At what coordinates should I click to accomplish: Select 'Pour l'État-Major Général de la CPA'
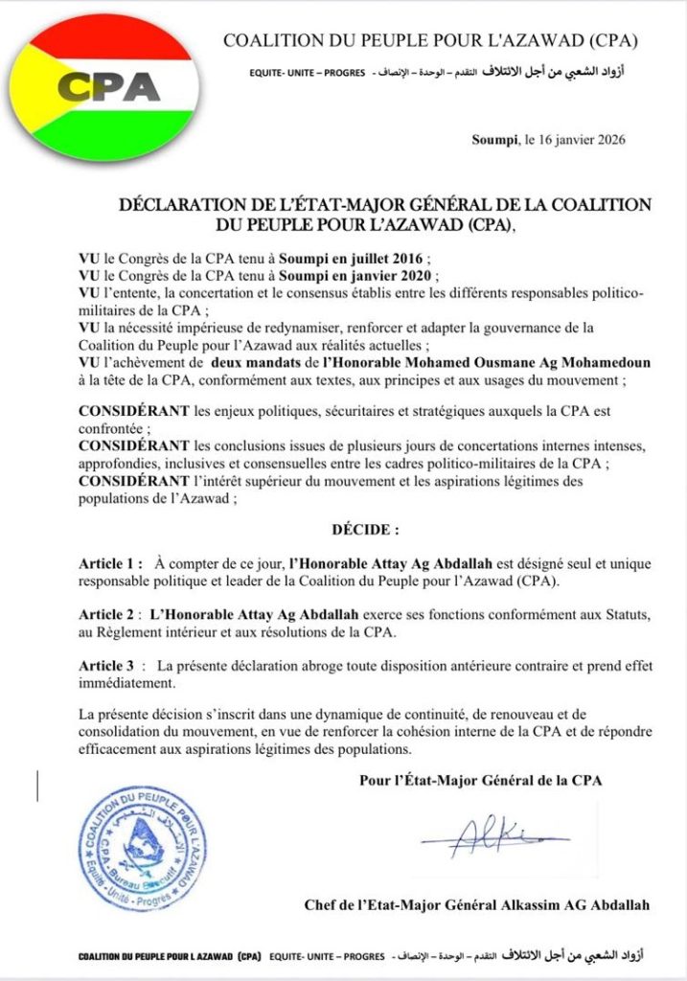[x=479, y=780]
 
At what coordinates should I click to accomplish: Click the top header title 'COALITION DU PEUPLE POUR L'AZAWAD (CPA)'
[x=430, y=41]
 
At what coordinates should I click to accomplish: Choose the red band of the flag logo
[x=105, y=36]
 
